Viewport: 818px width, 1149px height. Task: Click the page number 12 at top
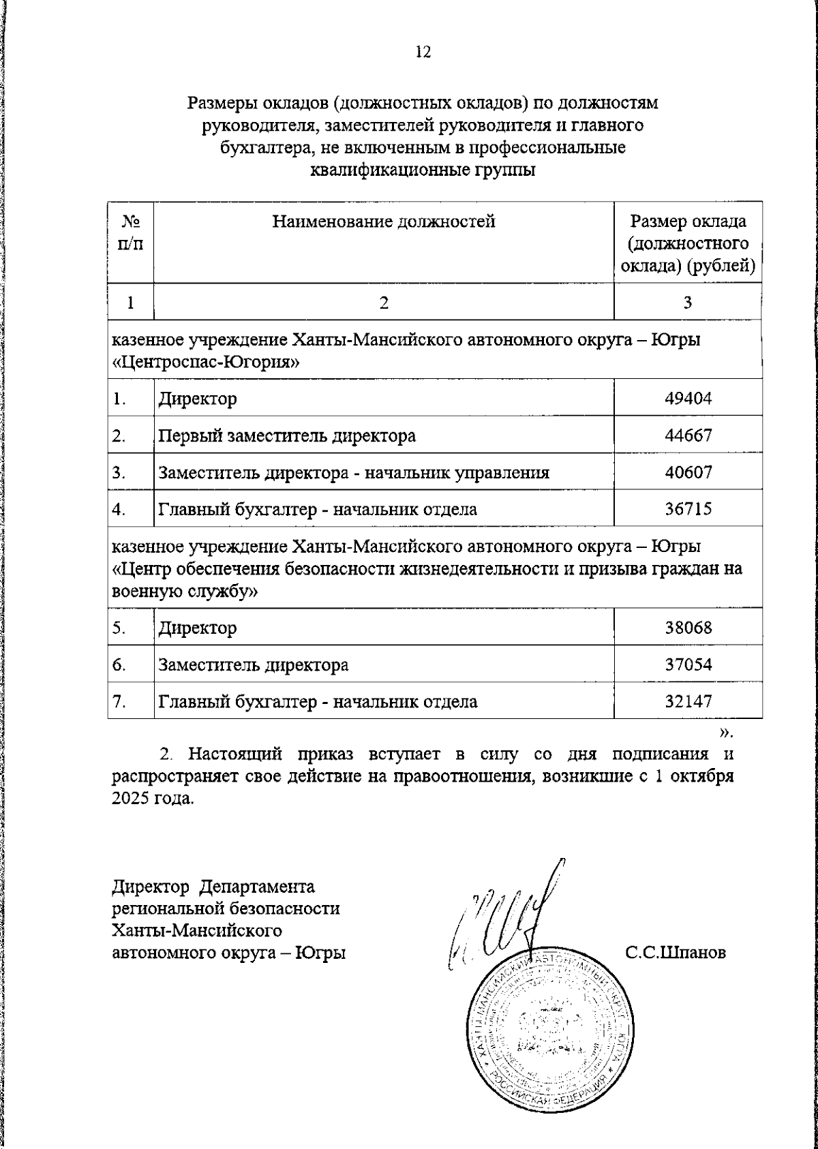point(423,52)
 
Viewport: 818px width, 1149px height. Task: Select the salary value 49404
point(688,399)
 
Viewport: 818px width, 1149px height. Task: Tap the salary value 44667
point(688,435)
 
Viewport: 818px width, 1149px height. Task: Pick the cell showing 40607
point(688,472)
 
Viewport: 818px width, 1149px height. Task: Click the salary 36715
point(688,508)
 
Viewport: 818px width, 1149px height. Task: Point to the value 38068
point(688,627)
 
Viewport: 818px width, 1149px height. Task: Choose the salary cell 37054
point(688,664)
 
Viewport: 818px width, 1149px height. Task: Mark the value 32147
point(688,701)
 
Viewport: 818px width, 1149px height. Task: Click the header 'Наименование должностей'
point(384,221)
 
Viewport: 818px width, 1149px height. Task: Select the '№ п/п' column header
point(131,232)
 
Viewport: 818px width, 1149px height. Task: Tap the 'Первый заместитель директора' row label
point(287,435)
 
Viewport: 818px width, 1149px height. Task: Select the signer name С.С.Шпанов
point(676,952)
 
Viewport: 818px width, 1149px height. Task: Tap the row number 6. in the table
point(119,664)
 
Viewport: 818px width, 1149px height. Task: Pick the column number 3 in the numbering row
point(688,303)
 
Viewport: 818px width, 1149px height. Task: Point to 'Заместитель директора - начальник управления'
point(354,472)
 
